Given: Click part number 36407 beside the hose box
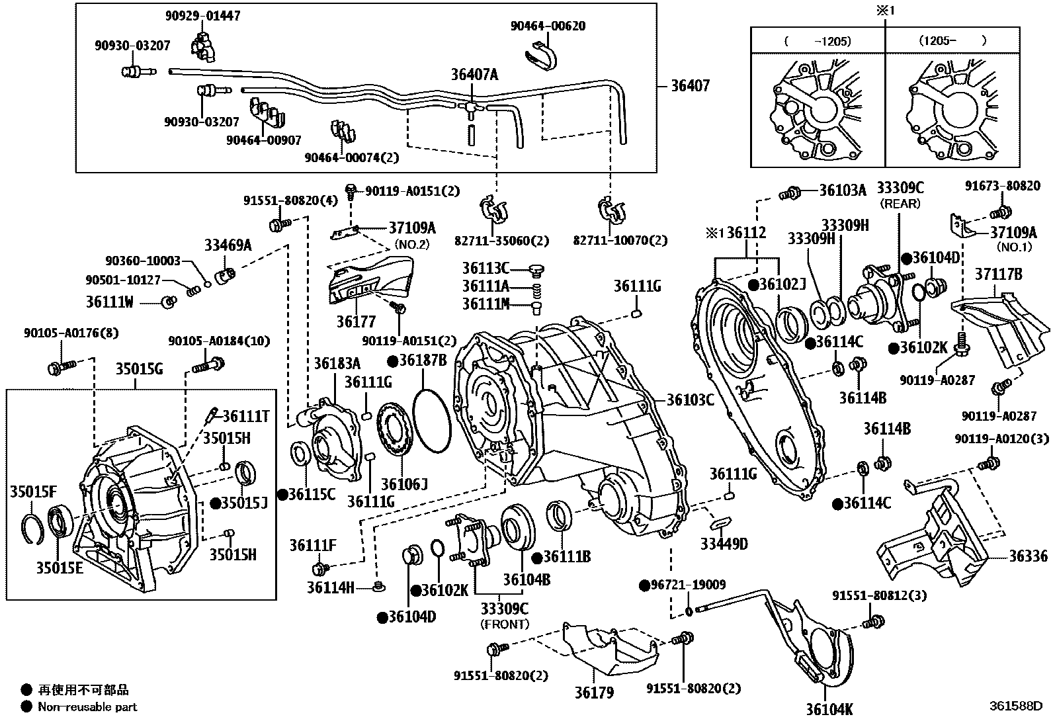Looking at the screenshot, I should coord(690,86).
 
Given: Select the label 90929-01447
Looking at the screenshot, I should coord(202,16).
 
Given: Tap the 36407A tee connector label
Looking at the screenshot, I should coord(474,75).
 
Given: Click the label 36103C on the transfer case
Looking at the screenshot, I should coord(690,400).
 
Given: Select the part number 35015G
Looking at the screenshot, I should coord(139,369).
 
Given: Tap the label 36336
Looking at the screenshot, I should coord(1028,556).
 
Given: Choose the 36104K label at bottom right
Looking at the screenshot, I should coord(829,710).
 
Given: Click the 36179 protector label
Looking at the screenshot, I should coord(593,693).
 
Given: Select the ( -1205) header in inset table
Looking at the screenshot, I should coord(818,40).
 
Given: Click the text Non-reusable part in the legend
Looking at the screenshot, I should coord(87,706).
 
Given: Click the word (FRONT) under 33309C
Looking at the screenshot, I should coord(504,624).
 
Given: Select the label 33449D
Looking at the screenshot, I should coord(724,544).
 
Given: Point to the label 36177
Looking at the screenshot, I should coord(355,322).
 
